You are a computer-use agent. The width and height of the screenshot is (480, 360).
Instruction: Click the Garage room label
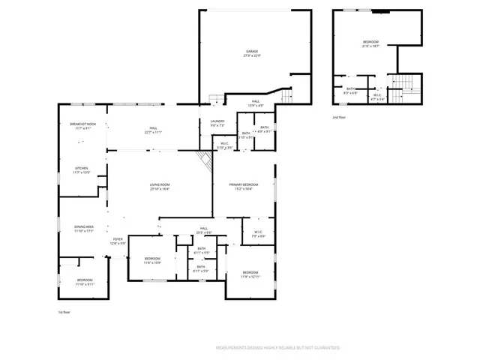pos(252,53)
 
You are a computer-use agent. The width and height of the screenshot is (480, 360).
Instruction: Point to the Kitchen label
pos(81,170)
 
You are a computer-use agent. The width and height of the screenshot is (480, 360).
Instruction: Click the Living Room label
pos(159,187)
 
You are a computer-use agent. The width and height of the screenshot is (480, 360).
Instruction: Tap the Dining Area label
pos(83,228)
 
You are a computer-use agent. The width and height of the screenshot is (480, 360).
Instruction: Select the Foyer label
pos(118,241)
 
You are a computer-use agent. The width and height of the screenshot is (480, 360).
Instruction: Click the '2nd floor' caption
pos(340,118)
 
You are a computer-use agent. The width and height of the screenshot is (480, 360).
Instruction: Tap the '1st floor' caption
pos(65,311)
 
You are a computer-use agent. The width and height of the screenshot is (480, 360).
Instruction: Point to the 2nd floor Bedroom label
pos(371,43)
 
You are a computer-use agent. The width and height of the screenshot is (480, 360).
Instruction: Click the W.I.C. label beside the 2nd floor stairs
pos(378,97)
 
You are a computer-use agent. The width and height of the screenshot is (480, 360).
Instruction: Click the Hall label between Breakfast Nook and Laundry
pos(153,130)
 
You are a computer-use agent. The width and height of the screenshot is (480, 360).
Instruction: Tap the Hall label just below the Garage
pos(255,103)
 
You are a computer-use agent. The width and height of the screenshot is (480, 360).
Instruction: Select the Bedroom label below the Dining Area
pos(85,282)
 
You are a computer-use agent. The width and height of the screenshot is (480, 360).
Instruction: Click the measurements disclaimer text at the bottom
pos(278,348)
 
